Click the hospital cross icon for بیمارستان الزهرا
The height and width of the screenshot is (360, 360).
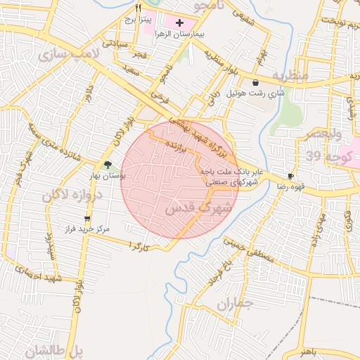click(180, 23)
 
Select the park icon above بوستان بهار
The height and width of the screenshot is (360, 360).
click(108, 165)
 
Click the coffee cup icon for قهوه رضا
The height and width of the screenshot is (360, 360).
click(290, 176)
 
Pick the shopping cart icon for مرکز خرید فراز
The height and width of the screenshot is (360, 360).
click(87, 219)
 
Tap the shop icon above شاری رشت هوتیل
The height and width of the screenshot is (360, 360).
click(255, 82)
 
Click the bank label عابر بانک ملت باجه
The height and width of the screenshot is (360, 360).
click(231, 171)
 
